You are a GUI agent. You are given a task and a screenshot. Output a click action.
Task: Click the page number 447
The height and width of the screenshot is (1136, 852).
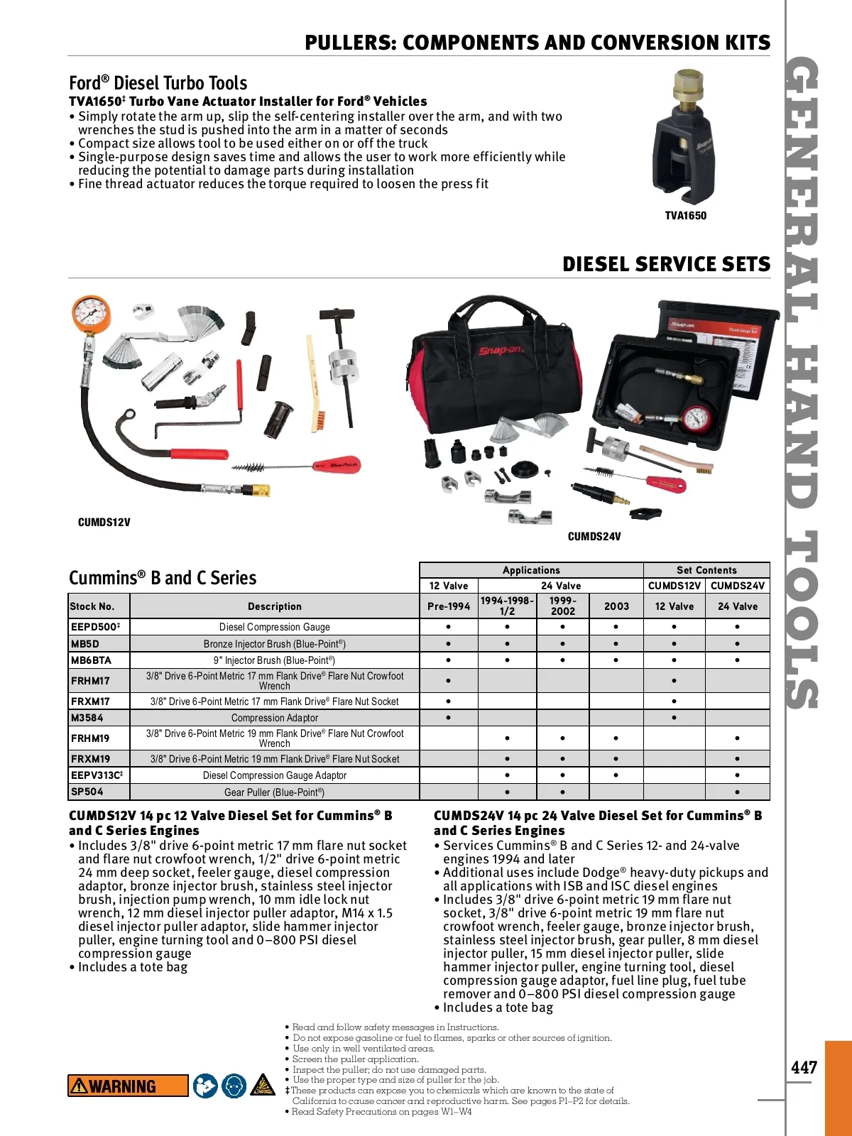804,1067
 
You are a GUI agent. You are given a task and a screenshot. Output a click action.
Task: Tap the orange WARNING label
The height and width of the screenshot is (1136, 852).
128,1086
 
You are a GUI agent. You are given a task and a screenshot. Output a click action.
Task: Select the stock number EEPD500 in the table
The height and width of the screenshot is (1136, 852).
95,627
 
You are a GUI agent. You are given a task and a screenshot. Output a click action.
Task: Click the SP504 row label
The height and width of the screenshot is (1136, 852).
87,792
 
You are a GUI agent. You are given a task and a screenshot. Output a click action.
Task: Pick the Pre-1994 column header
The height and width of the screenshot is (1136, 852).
449,606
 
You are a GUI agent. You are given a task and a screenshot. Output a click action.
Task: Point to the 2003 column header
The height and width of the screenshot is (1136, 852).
616,606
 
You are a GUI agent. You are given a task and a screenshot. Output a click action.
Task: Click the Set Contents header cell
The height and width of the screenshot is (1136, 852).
706,570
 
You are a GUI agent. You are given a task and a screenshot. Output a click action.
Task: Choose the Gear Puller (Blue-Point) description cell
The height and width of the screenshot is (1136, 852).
274,792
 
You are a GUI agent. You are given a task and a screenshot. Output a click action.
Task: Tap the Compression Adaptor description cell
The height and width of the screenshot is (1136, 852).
274,718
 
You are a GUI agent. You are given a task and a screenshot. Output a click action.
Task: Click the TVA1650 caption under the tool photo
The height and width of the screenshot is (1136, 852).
685,216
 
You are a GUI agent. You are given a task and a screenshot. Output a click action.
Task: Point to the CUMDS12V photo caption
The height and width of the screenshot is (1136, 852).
104,523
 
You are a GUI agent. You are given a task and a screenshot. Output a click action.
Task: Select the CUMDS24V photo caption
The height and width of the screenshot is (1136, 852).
594,537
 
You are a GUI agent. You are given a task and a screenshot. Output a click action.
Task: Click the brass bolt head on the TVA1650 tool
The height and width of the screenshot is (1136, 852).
688,85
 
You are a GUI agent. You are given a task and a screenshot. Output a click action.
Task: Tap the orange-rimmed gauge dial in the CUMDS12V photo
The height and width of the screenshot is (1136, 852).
91,315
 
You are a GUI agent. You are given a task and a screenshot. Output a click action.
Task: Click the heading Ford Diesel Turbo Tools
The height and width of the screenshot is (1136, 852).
158,83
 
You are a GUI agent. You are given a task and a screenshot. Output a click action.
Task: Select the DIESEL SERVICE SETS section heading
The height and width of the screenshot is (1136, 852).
666,264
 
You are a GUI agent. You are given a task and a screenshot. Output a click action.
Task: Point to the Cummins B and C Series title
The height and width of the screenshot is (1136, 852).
163,578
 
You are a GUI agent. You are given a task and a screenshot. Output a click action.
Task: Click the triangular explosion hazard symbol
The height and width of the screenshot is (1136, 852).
263,1086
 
